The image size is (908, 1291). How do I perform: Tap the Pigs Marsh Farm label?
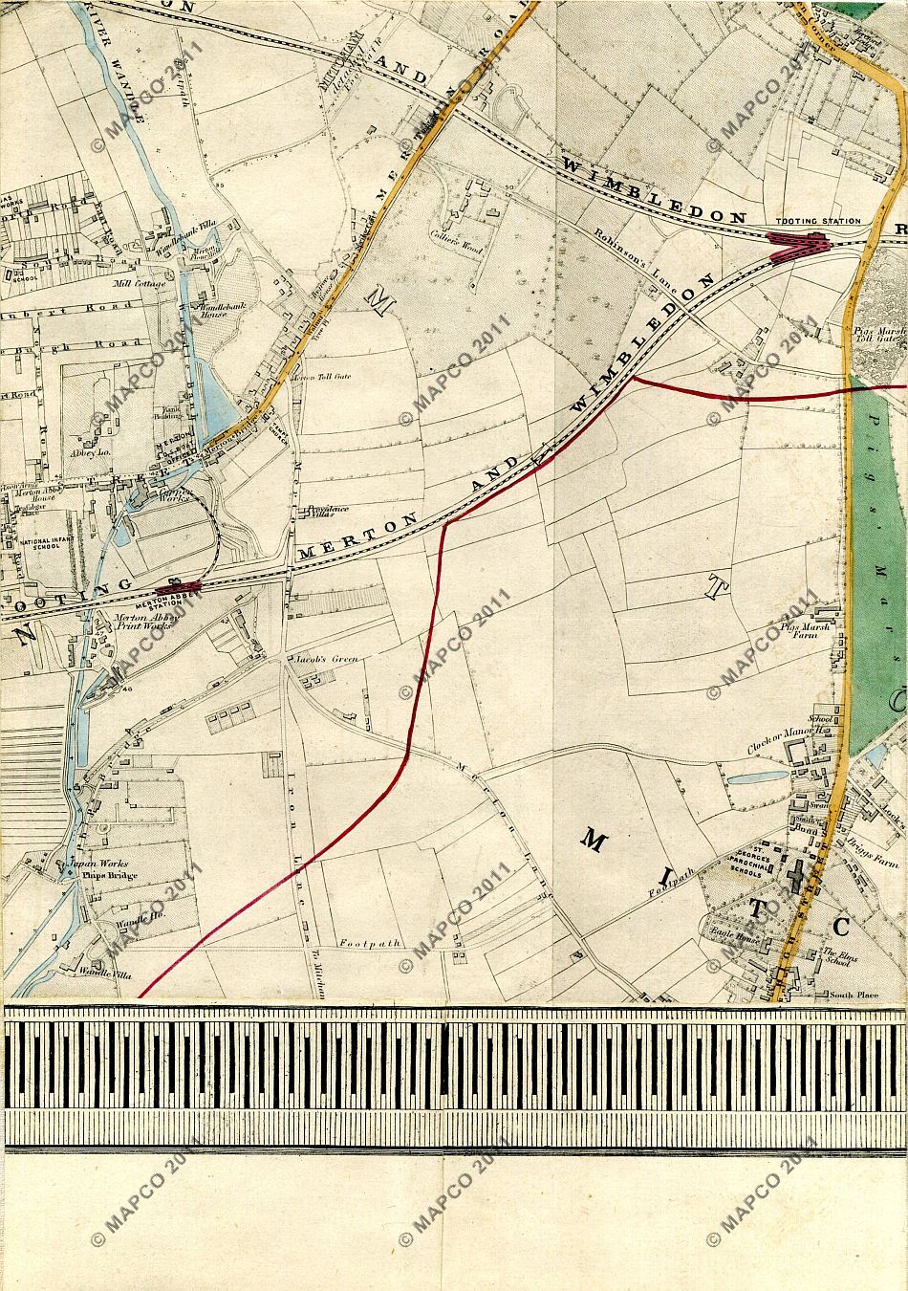801,633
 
